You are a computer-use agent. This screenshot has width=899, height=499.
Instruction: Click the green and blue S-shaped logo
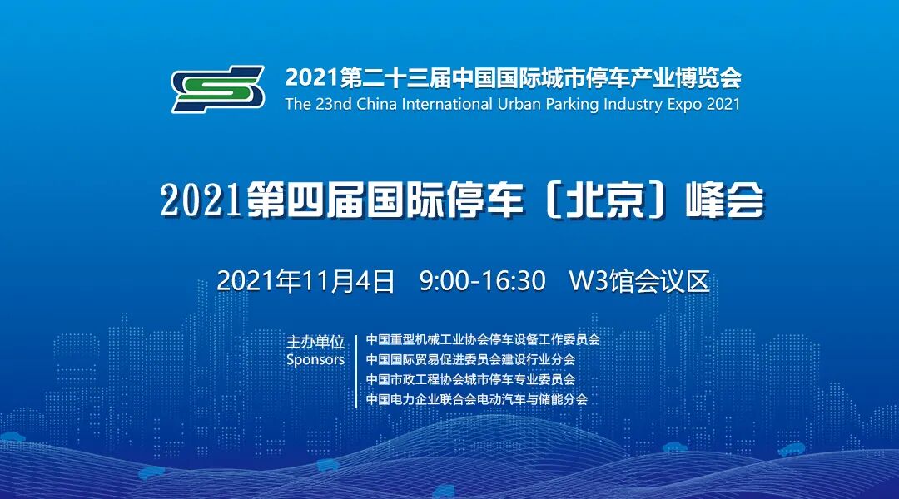pyautogui.click(x=218, y=89)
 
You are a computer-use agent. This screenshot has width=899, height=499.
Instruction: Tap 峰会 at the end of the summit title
pyautogui.click(x=723, y=201)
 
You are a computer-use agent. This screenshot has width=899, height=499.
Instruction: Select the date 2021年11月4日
pyautogui.click(x=305, y=281)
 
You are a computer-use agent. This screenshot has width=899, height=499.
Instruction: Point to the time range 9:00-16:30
pyautogui.click(x=483, y=281)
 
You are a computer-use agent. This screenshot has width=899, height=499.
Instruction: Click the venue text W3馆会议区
pyautogui.click(x=638, y=281)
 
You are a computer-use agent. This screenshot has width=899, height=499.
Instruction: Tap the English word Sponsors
pyautogui.click(x=315, y=360)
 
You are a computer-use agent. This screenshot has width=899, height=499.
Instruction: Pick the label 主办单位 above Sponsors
pyautogui.click(x=315, y=342)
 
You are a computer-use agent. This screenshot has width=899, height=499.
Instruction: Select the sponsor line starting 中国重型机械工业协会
pyautogui.click(x=483, y=339)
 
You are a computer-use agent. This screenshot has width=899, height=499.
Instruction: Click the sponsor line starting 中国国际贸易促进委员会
pyautogui.click(x=470, y=359)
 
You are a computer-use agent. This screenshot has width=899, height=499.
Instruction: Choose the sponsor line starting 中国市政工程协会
pyautogui.click(x=470, y=379)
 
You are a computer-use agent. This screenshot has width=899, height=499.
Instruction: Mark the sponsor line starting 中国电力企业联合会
pyautogui.click(x=477, y=399)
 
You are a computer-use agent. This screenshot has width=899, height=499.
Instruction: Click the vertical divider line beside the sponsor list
pyautogui.click(x=356, y=369)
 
